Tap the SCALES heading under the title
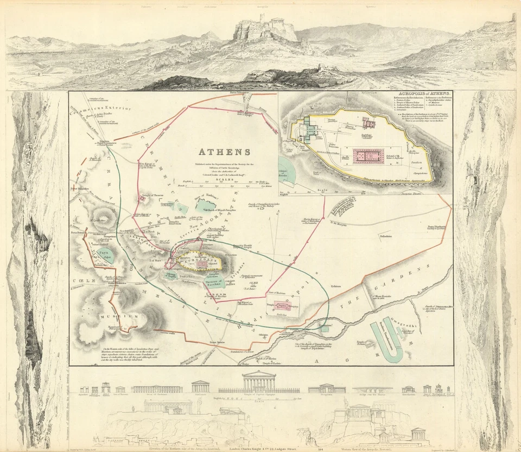[x=227, y=176]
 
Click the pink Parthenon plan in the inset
[x=368, y=156]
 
